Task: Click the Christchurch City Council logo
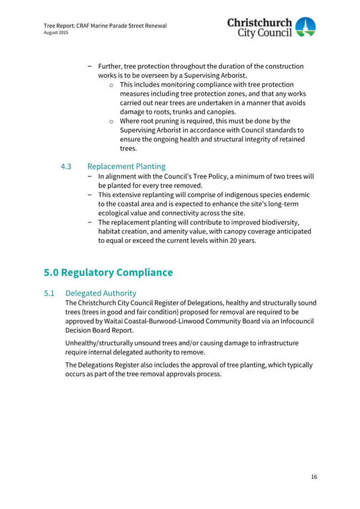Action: [271, 28]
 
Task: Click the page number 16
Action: [314, 476]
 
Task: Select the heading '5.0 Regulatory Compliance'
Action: [108, 272]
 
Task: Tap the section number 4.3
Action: [66, 167]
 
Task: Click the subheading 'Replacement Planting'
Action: [126, 167]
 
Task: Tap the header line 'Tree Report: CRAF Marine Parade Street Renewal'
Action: [105, 25]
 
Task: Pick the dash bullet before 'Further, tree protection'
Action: [90, 67]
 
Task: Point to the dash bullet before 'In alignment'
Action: [90, 176]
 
